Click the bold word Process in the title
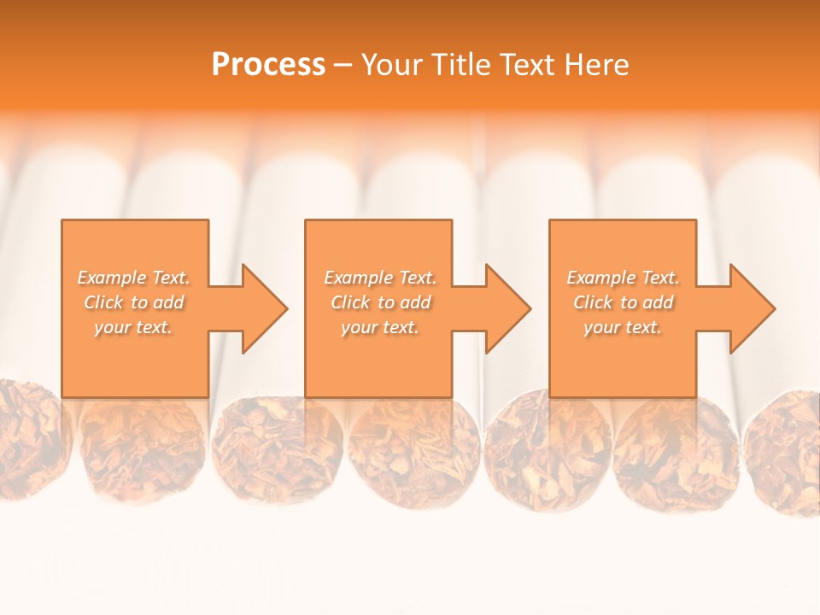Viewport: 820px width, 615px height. [268, 65]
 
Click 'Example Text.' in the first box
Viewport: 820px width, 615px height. [134, 278]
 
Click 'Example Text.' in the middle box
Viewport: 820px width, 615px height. [380, 278]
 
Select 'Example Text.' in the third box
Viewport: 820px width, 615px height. [623, 278]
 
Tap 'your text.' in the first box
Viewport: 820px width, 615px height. [133, 327]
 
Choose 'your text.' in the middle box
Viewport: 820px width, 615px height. [380, 327]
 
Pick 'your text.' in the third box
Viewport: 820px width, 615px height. [623, 327]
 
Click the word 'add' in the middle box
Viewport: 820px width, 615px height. [416, 302]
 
